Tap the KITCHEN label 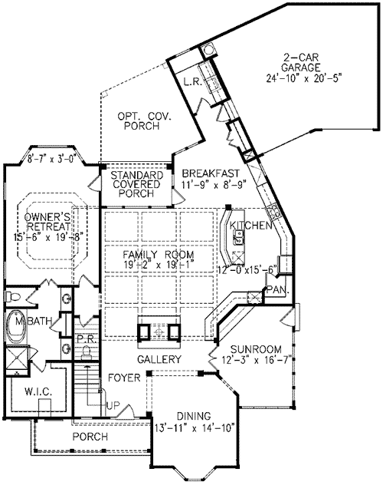click(252, 226)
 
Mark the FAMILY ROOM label click(160, 254)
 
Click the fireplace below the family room click(159, 331)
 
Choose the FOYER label click(123, 378)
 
